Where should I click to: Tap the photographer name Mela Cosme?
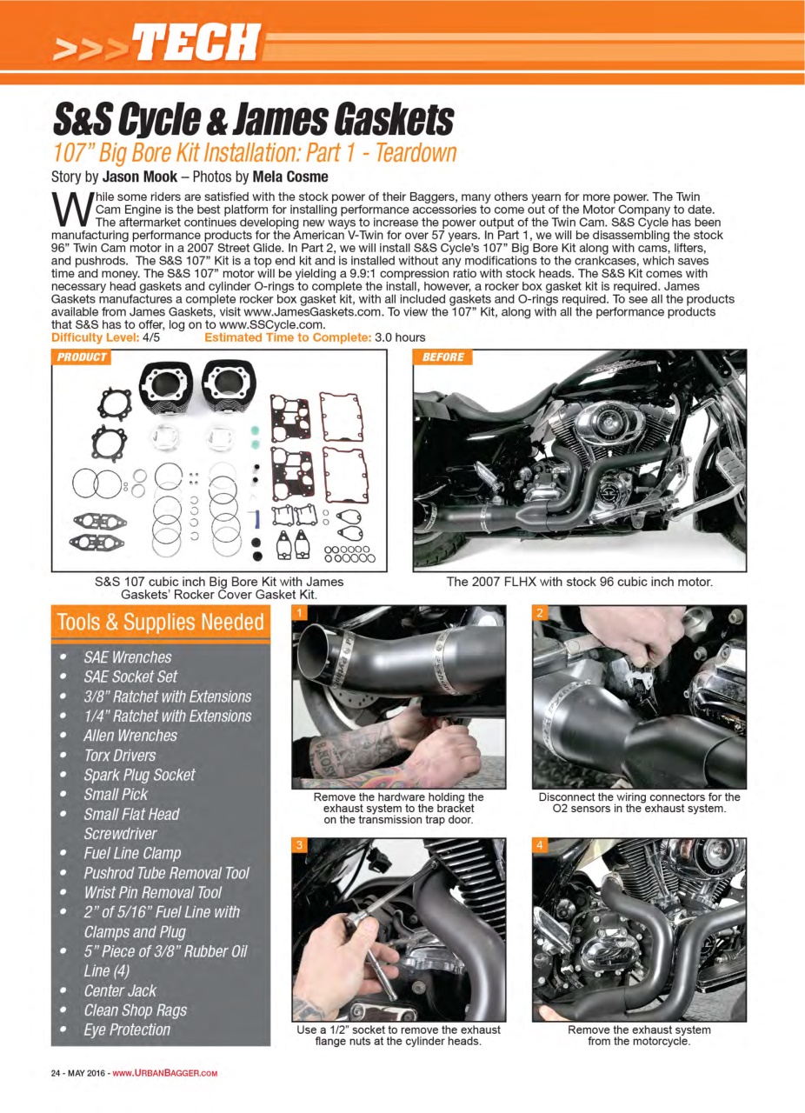[290, 177]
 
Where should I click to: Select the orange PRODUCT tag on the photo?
[81, 357]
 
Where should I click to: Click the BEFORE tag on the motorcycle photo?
[443, 357]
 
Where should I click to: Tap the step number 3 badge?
[300, 845]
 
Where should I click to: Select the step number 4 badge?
[540, 845]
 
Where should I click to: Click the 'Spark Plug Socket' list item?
[139, 775]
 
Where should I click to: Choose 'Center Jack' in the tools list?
[120, 990]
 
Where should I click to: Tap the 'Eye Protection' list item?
[127, 1030]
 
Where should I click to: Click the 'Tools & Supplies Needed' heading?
[160, 623]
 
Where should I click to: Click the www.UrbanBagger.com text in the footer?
[164, 1072]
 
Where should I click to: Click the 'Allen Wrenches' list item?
[130, 736]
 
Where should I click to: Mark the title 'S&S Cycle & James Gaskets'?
[254, 120]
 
